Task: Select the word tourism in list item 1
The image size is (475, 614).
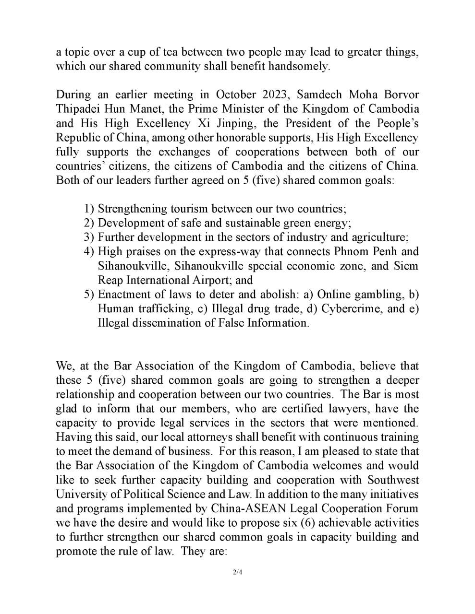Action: tap(189, 209)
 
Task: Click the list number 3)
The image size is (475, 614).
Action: tap(89, 237)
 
